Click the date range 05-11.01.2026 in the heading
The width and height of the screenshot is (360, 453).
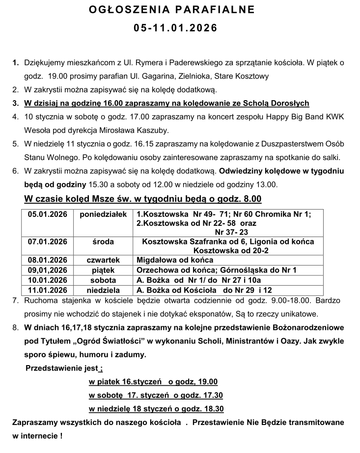[175, 28]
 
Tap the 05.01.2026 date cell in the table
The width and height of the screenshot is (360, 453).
[47, 214]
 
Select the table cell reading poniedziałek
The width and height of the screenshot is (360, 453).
[103, 214]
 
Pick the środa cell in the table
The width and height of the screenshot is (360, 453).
[103, 241]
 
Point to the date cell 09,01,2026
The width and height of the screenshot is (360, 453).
[47, 270]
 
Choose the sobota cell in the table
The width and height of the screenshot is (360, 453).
[103, 280]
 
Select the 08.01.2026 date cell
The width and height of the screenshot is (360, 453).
[47, 260]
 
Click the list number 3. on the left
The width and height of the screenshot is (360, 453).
[15, 103]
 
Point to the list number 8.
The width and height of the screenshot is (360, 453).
[16, 327]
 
